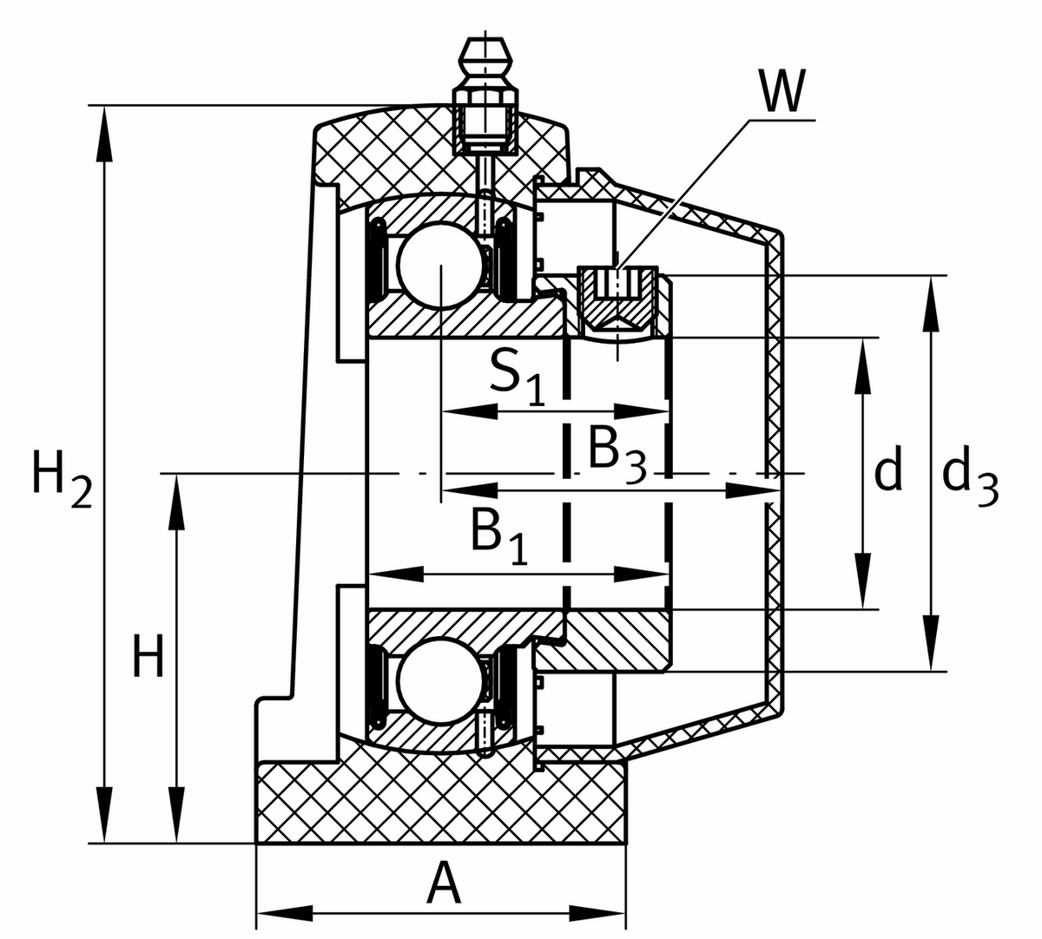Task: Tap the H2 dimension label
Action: (x=62, y=479)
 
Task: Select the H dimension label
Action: (x=148, y=656)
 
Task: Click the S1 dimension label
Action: (x=518, y=376)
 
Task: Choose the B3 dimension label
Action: (x=617, y=452)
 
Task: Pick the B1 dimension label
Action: (x=498, y=535)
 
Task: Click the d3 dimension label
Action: (x=970, y=476)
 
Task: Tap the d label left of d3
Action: (x=887, y=468)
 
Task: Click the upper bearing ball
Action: (x=440, y=266)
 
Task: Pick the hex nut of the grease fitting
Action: (x=485, y=98)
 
